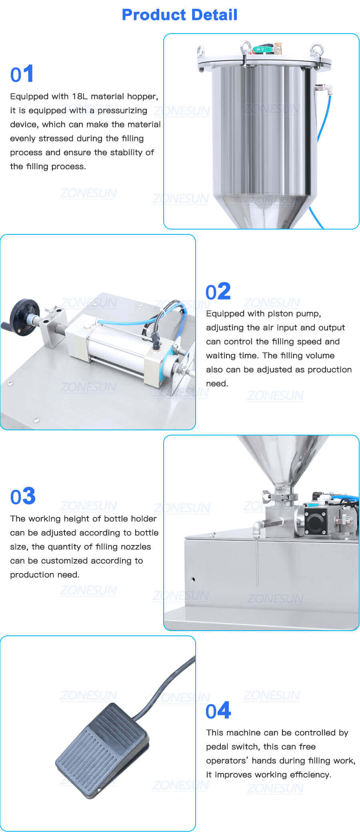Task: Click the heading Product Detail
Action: [x=180, y=15]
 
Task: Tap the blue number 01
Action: [x=22, y=74]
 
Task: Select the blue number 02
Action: [x=218, y=292]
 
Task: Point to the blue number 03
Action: [x=23, y=496]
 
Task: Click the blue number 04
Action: [x=218, y=711]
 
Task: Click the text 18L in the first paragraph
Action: [x=80, y=96]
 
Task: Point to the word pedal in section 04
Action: [x=218, y=747]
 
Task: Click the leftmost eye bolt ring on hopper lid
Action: [x=200, y=51]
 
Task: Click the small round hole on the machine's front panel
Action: [x=193, y=579]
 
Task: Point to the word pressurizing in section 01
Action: [x=122, y=110]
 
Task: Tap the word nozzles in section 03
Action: [x=134, y=547]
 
